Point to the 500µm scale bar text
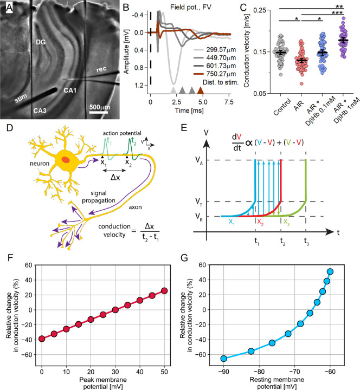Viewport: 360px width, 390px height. point(101,107)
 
